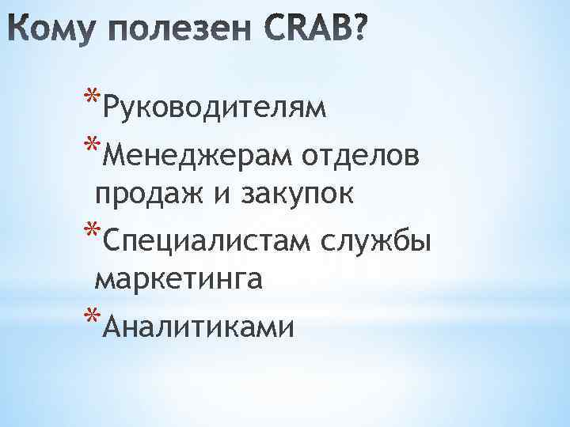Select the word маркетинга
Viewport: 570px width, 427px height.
(x=179, y=279)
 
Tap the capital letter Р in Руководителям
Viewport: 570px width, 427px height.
(x=112, y=106)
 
